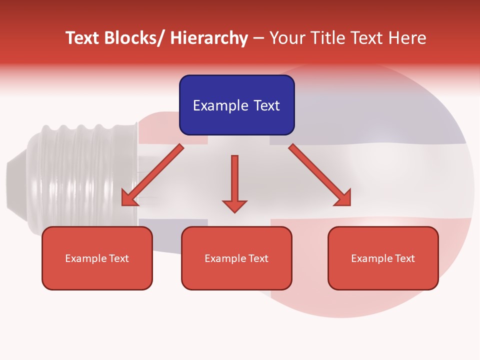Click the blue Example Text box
pos(236,105)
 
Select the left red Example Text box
pos(97,258)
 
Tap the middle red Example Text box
pos(236,258)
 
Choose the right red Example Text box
pos(383,258)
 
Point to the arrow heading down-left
pos(152,175)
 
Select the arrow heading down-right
pos(320,175)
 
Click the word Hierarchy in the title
pos(209,38)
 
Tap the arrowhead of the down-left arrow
pos(128,198)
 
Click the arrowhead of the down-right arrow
pos(343,198)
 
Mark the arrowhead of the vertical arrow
pos(234,205)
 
